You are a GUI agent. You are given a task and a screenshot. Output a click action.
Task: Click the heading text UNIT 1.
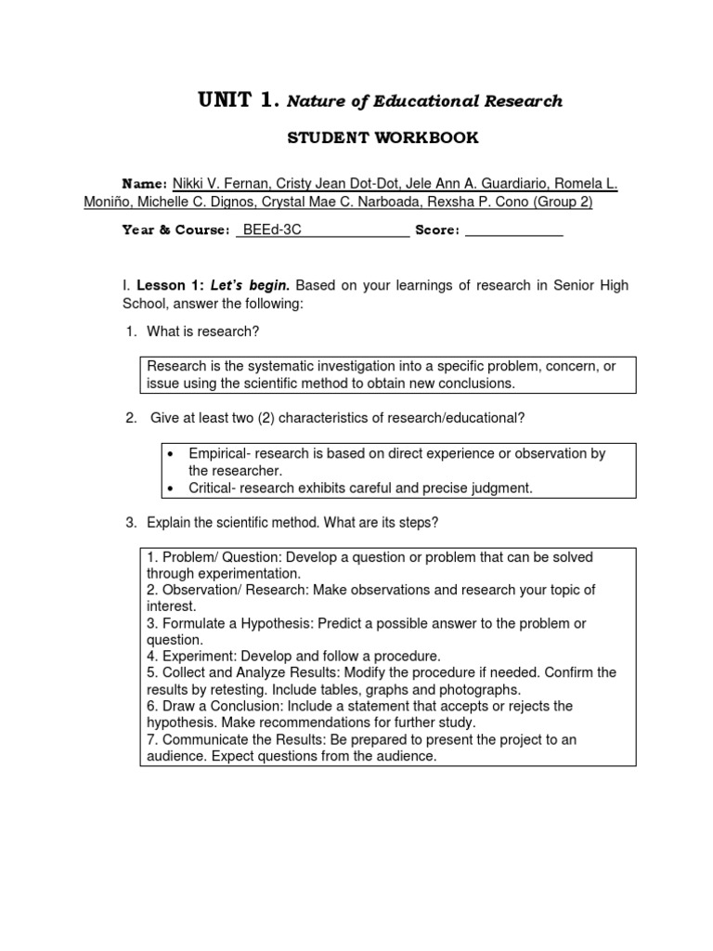238,100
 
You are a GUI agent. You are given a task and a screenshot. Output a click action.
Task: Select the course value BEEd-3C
268,230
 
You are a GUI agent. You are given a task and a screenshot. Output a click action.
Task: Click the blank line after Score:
513,230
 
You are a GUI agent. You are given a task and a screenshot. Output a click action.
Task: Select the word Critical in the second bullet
211,488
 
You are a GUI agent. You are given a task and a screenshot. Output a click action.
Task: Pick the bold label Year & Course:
175,230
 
